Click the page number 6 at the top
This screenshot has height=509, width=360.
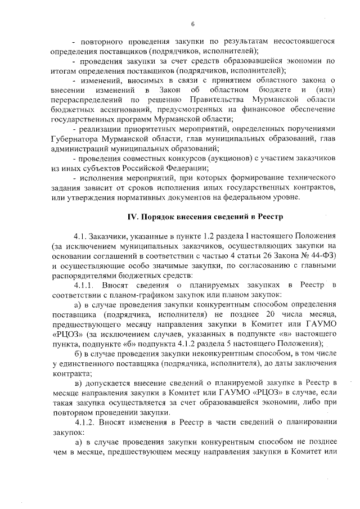pyautogui.click(x=192, y=24)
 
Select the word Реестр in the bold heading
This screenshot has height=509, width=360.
pyautogui.click(x=271, y=217)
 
